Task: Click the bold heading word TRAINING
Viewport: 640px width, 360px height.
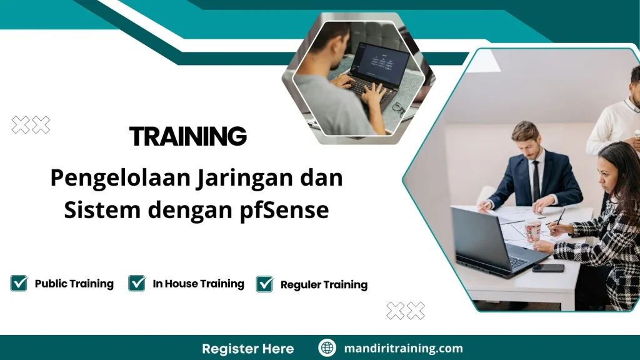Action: pos(187,136)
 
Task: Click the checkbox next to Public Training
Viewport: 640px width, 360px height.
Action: pos(19,283)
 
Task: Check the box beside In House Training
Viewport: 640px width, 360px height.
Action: pos(137,283)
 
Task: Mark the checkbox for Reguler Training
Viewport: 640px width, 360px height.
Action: pos(264,284)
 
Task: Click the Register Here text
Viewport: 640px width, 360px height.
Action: pos(247,348)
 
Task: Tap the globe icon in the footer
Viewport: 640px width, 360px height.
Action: pos(327,348)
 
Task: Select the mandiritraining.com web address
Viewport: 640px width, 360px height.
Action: pos(403,348)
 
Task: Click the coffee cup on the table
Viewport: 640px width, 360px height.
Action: pos(532,230)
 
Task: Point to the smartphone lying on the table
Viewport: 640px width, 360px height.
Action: pos(547,268)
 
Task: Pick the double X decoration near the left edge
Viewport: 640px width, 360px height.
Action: pos(31,126)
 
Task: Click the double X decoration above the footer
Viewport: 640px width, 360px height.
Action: pos(405,310)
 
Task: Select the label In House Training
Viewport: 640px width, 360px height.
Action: pos(198,284)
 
